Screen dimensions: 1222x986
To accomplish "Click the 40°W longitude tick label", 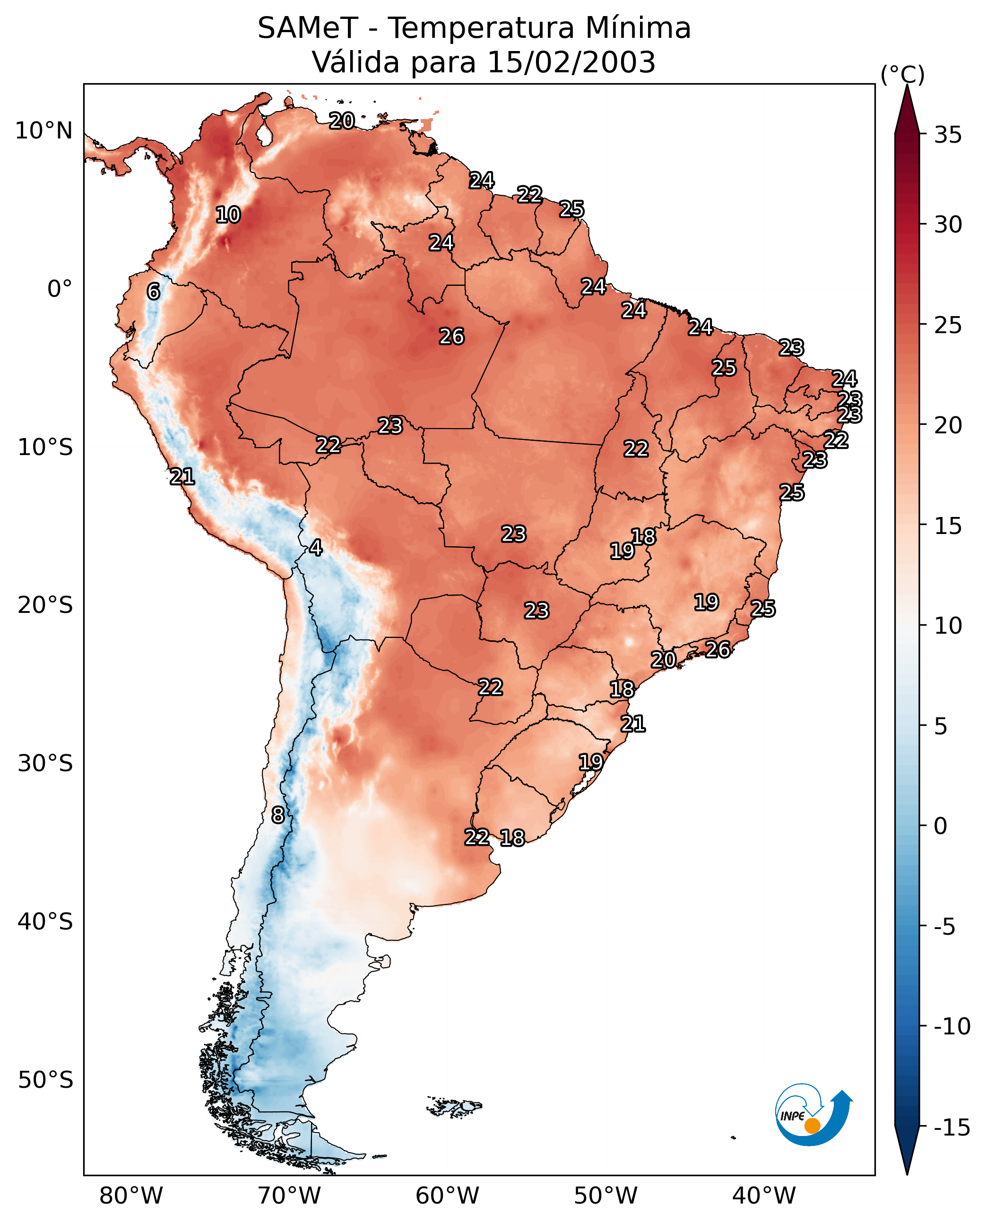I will click(x=764, y=1196).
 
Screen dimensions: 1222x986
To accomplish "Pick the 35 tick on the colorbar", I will click(x=948, y=135).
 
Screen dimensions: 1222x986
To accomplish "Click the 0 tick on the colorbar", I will click(x=941, y=826).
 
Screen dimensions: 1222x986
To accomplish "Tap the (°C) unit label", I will click(x=902, y=74).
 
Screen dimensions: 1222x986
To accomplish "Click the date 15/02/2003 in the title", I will click(x=571, y=62).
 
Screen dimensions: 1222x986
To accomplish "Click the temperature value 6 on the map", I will click(x=153, y=291).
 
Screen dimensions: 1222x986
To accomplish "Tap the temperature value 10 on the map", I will click(x=228, y=215).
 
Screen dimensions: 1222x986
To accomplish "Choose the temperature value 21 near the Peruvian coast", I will click(x=182, y=476).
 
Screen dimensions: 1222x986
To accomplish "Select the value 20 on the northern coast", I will click(x=342, y=120).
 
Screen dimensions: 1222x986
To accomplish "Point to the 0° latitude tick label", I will click(x=60, y=289).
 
